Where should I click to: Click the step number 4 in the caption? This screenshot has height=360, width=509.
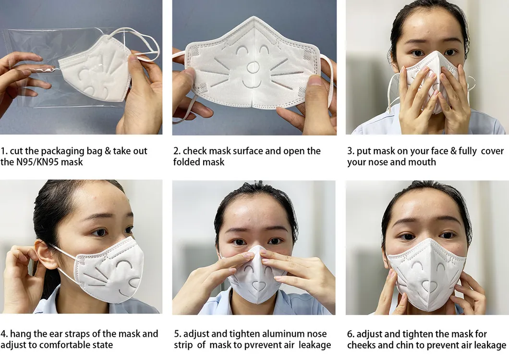[3, 334]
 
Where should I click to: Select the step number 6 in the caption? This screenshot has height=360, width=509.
[350, 334]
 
